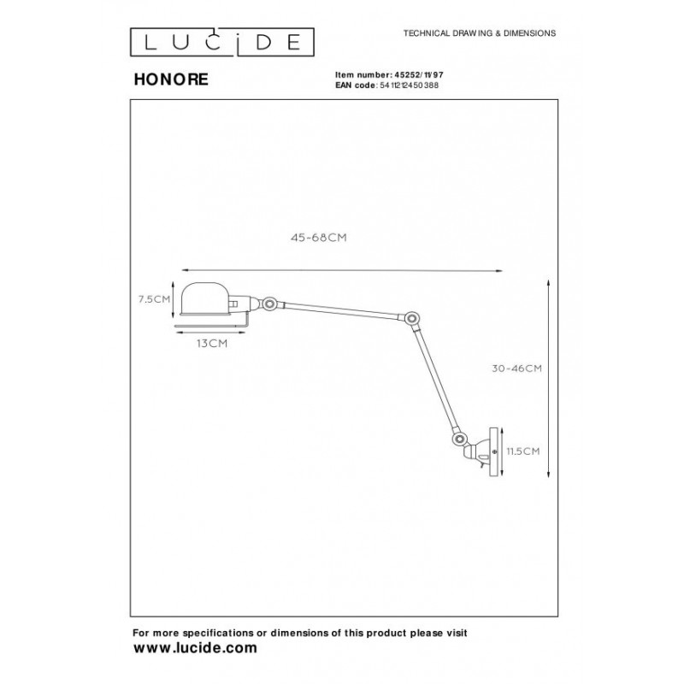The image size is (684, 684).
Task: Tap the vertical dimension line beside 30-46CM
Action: (x=545, y=376)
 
